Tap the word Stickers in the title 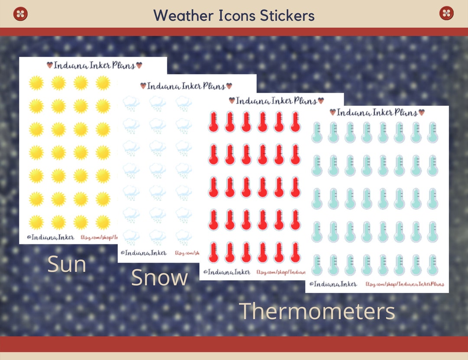(x=287, y=16)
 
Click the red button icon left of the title (x=20, y=13)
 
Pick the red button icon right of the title (x=446, y=13)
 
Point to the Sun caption (x=67, y=264)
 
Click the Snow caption (x=159, y=278)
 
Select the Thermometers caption (x=317, y=311)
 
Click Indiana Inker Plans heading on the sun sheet (x=94, y=65)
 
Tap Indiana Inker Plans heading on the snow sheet (x=186, y=86)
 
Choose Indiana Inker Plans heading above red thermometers (x=276, y=101)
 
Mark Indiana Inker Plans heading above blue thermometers (x=377, y=113)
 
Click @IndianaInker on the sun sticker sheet (x=47, y=237)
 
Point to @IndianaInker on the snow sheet (x=143, y=253)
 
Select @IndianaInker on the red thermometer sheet (x=225, y=272)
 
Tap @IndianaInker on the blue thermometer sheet (x=333, y=284)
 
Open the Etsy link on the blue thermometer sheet (x=405, y=284)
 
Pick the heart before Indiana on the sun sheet (x=50, y=65)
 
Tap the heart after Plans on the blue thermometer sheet (x=421, y=112)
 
